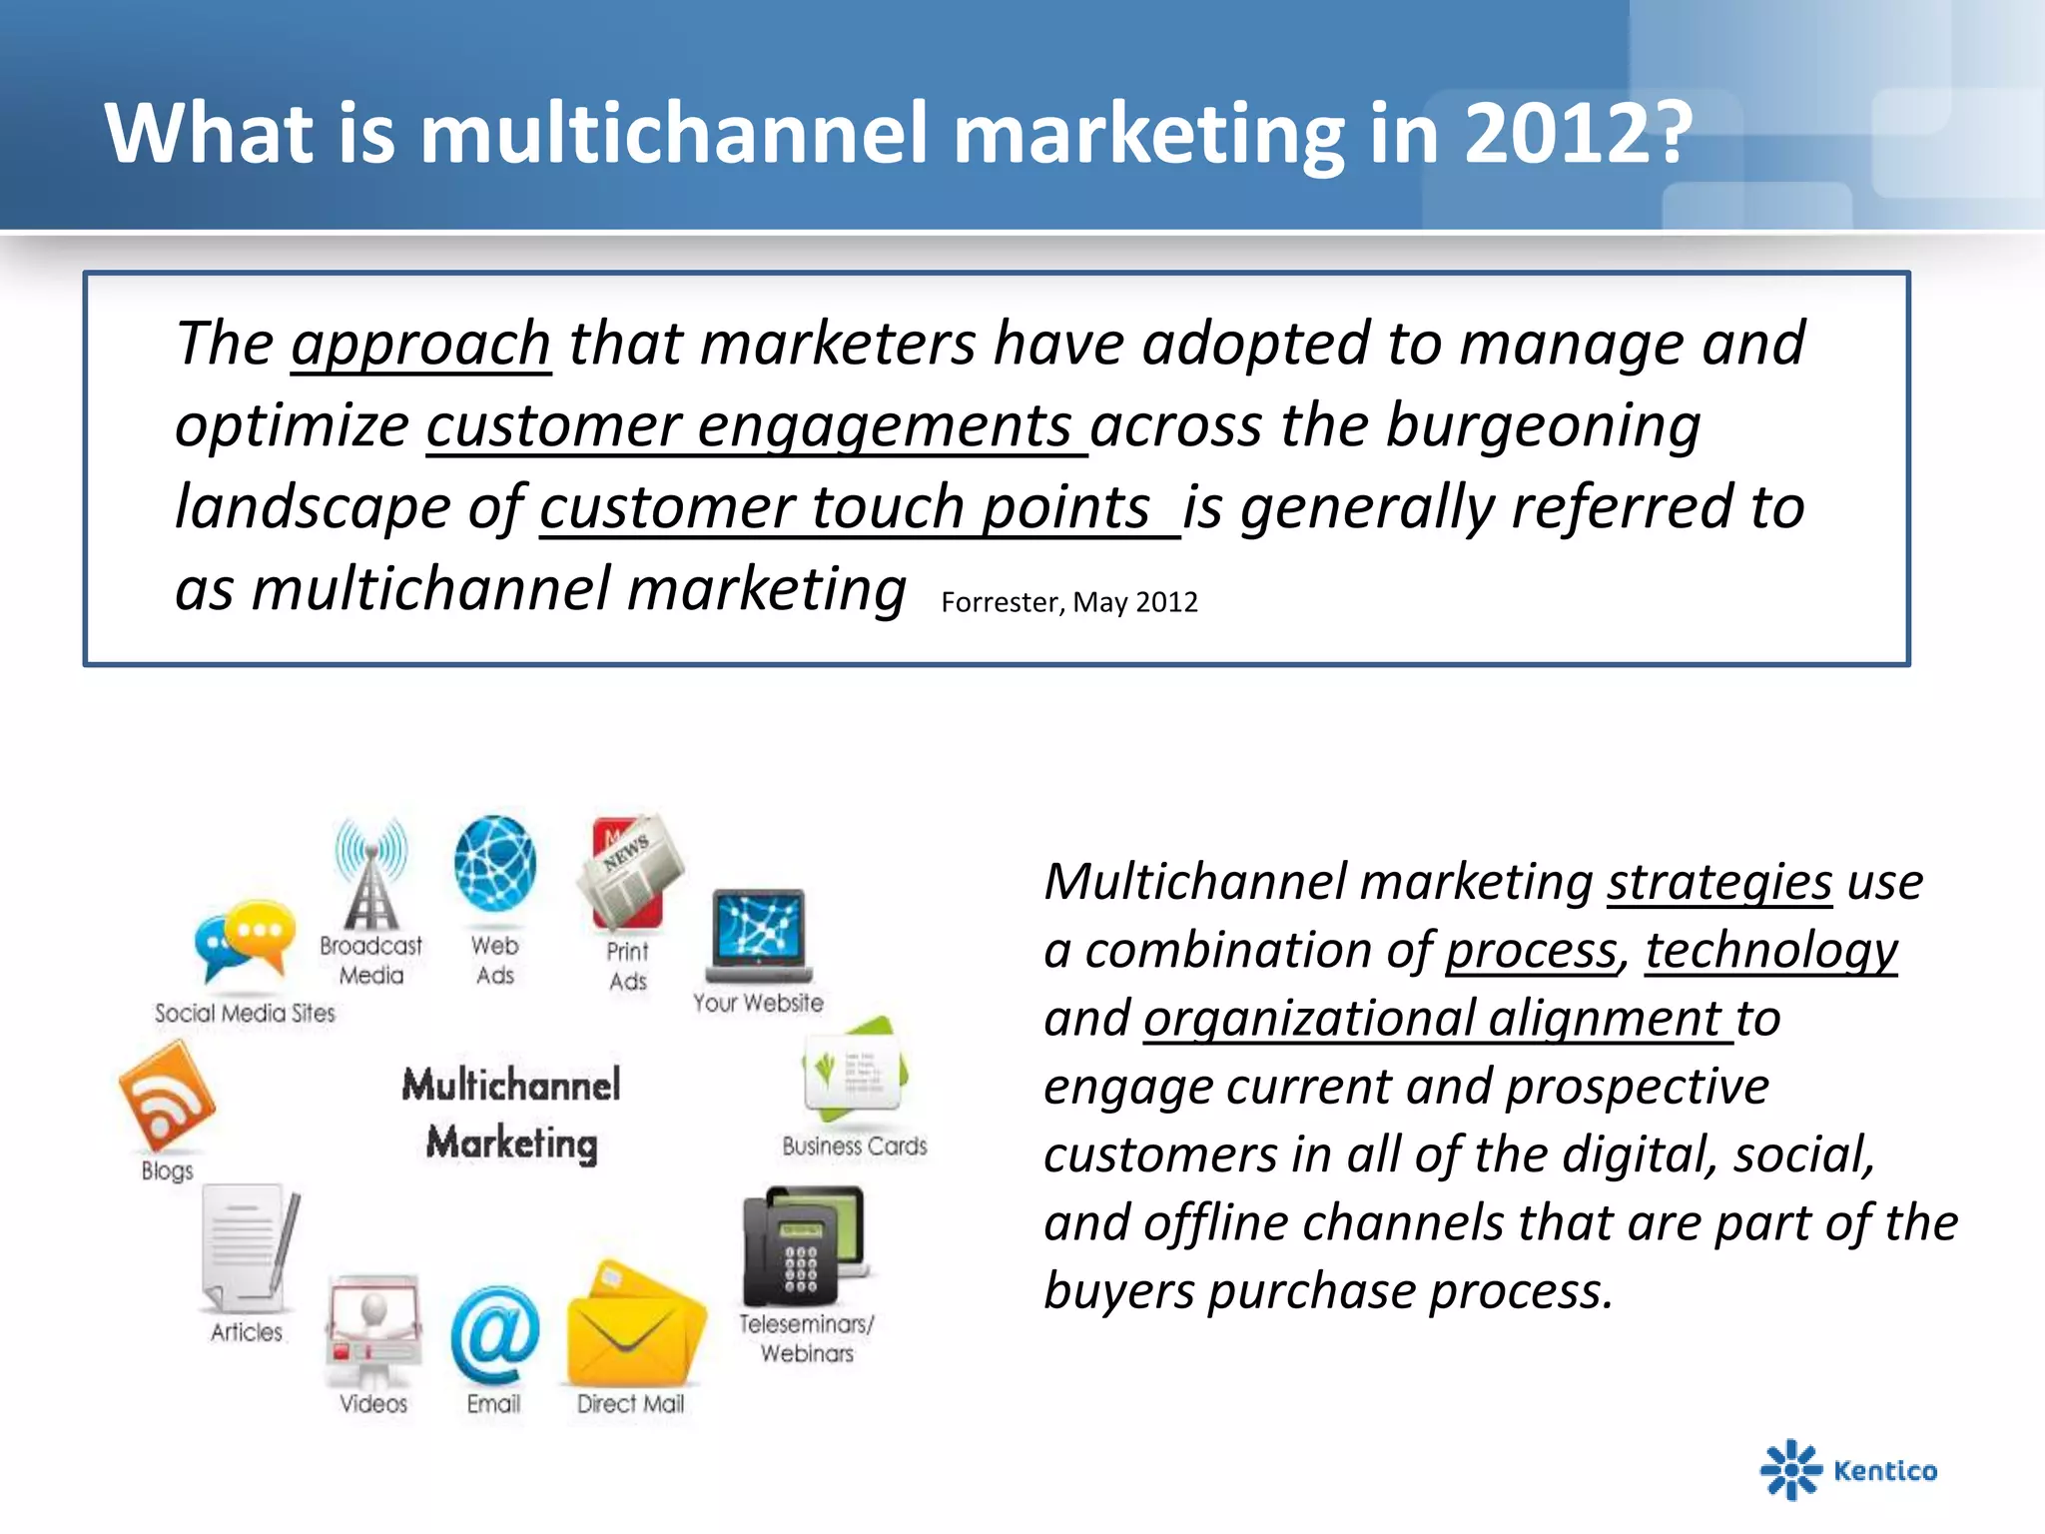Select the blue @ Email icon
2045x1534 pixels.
[494, 1334]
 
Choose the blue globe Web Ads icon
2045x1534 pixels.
[494, 864]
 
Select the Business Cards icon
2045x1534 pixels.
[855, 1073]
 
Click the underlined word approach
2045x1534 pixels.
[420, 344]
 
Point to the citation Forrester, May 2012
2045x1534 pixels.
[1068, 602]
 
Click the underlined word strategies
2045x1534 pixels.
[1718, 882]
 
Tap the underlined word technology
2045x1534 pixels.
[1770, 950]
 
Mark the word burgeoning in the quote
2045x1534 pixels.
[1543, 425]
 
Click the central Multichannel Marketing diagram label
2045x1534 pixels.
[511, 1114]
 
